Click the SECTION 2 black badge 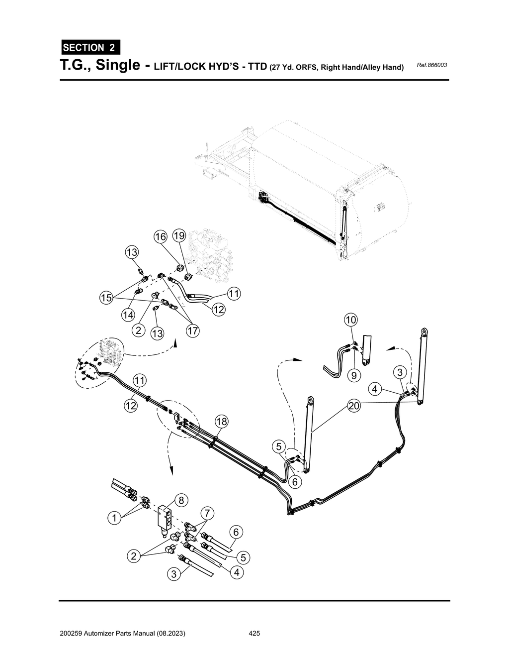[89, 48]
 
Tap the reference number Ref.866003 [431, 65]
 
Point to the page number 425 [254, 634]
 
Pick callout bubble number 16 [160, 237]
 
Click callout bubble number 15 [105, 298]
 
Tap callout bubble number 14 [128, 315]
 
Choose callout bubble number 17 [192, 330]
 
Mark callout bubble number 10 [350, 319]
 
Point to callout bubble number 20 [353, 406]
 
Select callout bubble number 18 [221, 422]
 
